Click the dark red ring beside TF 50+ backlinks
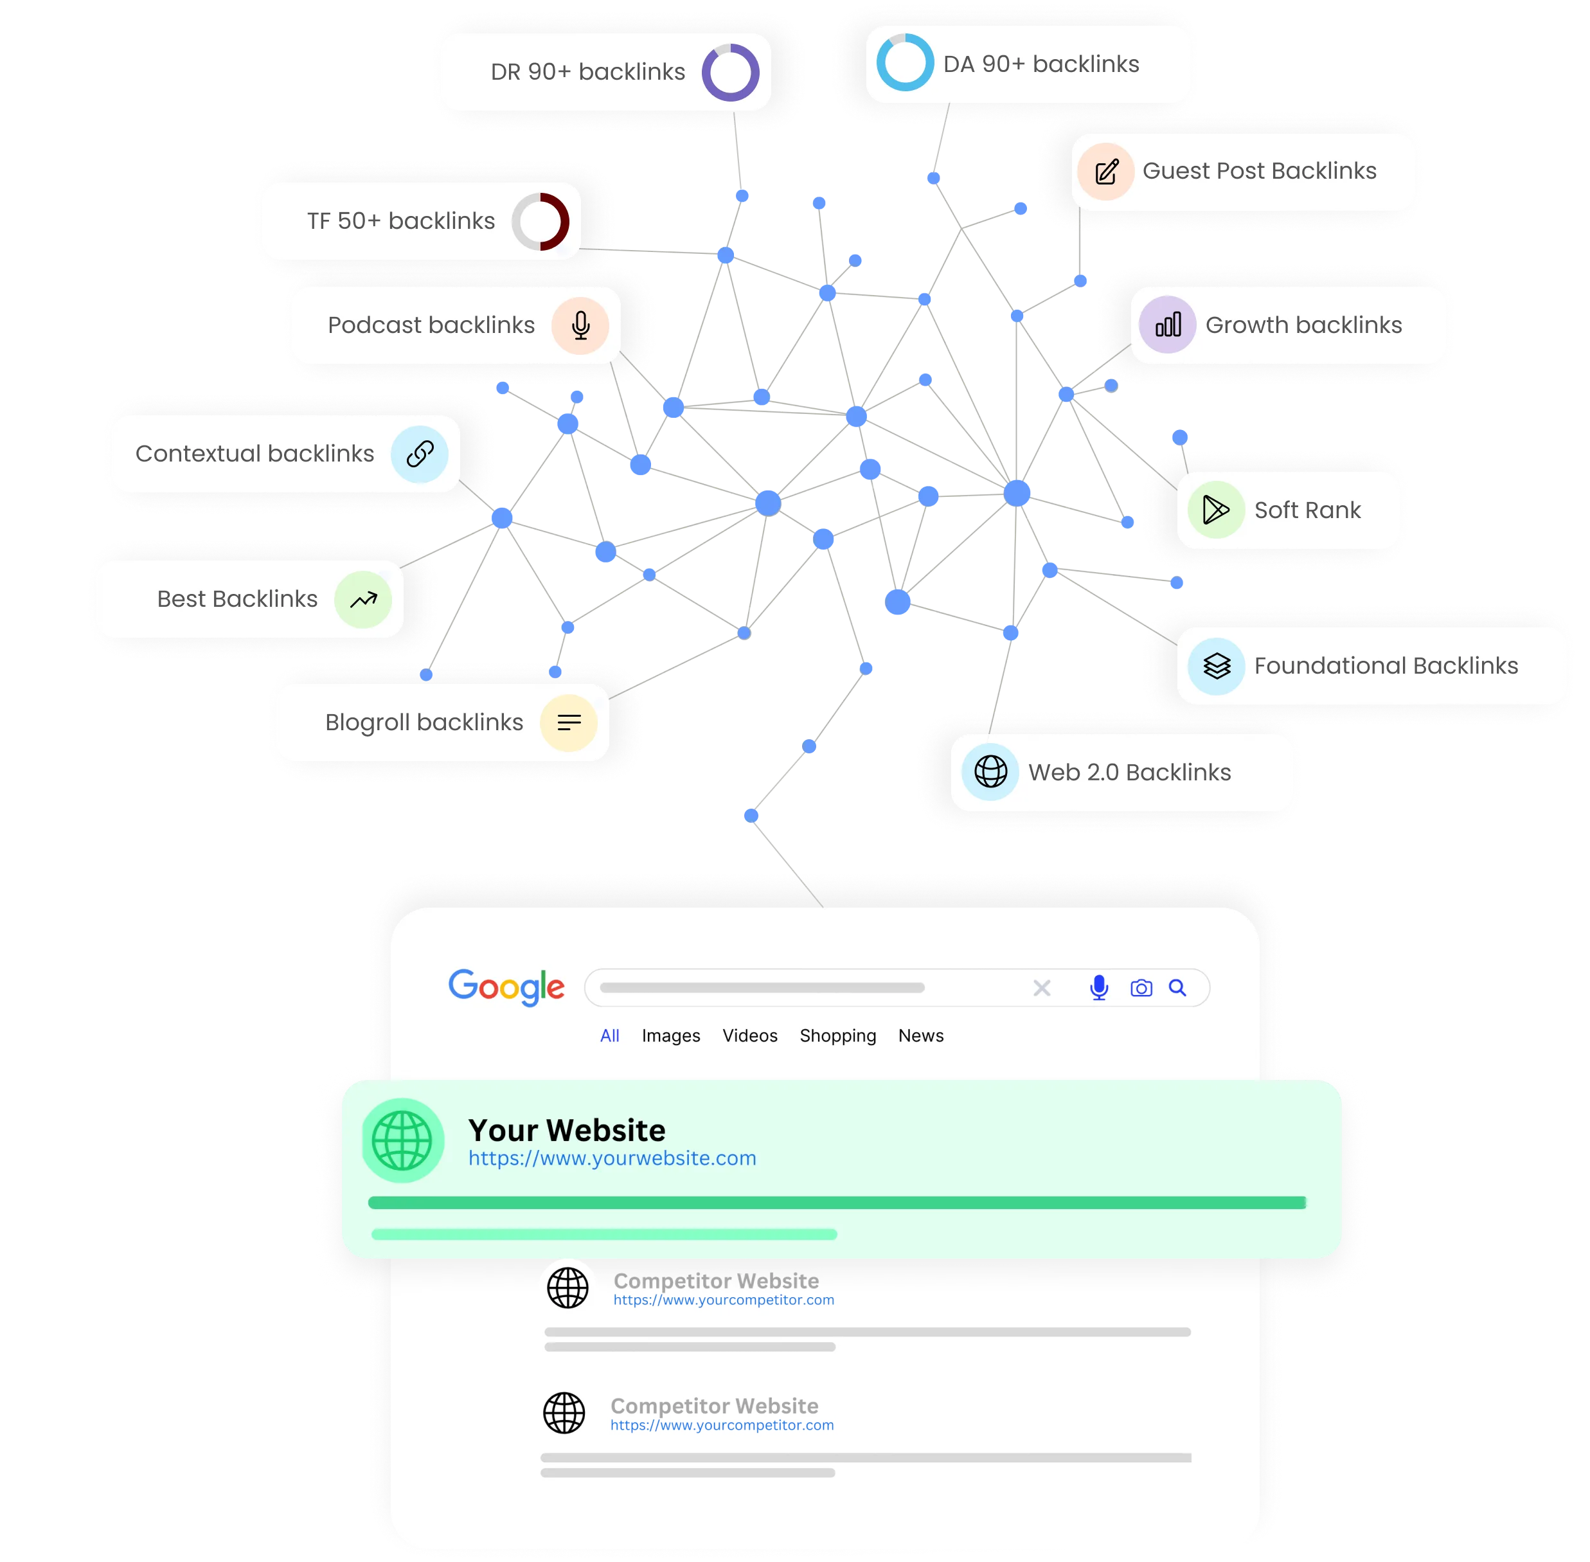pyautogui.click(x=564, y=222)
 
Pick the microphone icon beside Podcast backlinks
pyautogui.click(x=580, y=326)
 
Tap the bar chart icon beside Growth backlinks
pyautogui.click(x=1168, y=325)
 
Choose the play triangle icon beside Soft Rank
pyautogui.click(x=1216, y=510)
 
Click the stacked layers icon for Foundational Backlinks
pyautogui.click(x=1216, y=666)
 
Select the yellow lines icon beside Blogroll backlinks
pyautogui.click(x=569, y=723)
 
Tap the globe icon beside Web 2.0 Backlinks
pyautogui.click(x=990, y=772)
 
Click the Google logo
pyautogui.click(x=506, y=987)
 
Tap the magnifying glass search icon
pyautogui.click(x=1177, y=988)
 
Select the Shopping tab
pyautogui.click(x=837, y=1036)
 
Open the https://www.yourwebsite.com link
pyautogui.click(x=612, y=1158)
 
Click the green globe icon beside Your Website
pyautogui.click(x=402, y=1140)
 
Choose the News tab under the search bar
pyautogui.click(x=920, y=1036)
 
